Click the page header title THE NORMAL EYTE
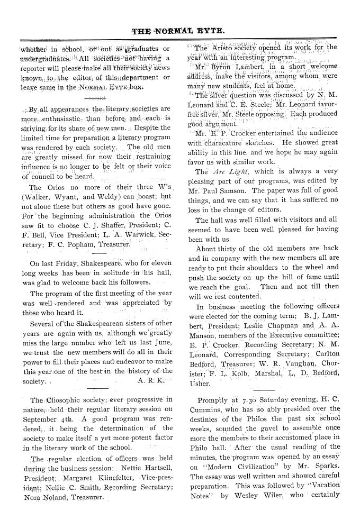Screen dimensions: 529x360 click(x=179, y=31)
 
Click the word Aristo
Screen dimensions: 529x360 click(x=224, y=48)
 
